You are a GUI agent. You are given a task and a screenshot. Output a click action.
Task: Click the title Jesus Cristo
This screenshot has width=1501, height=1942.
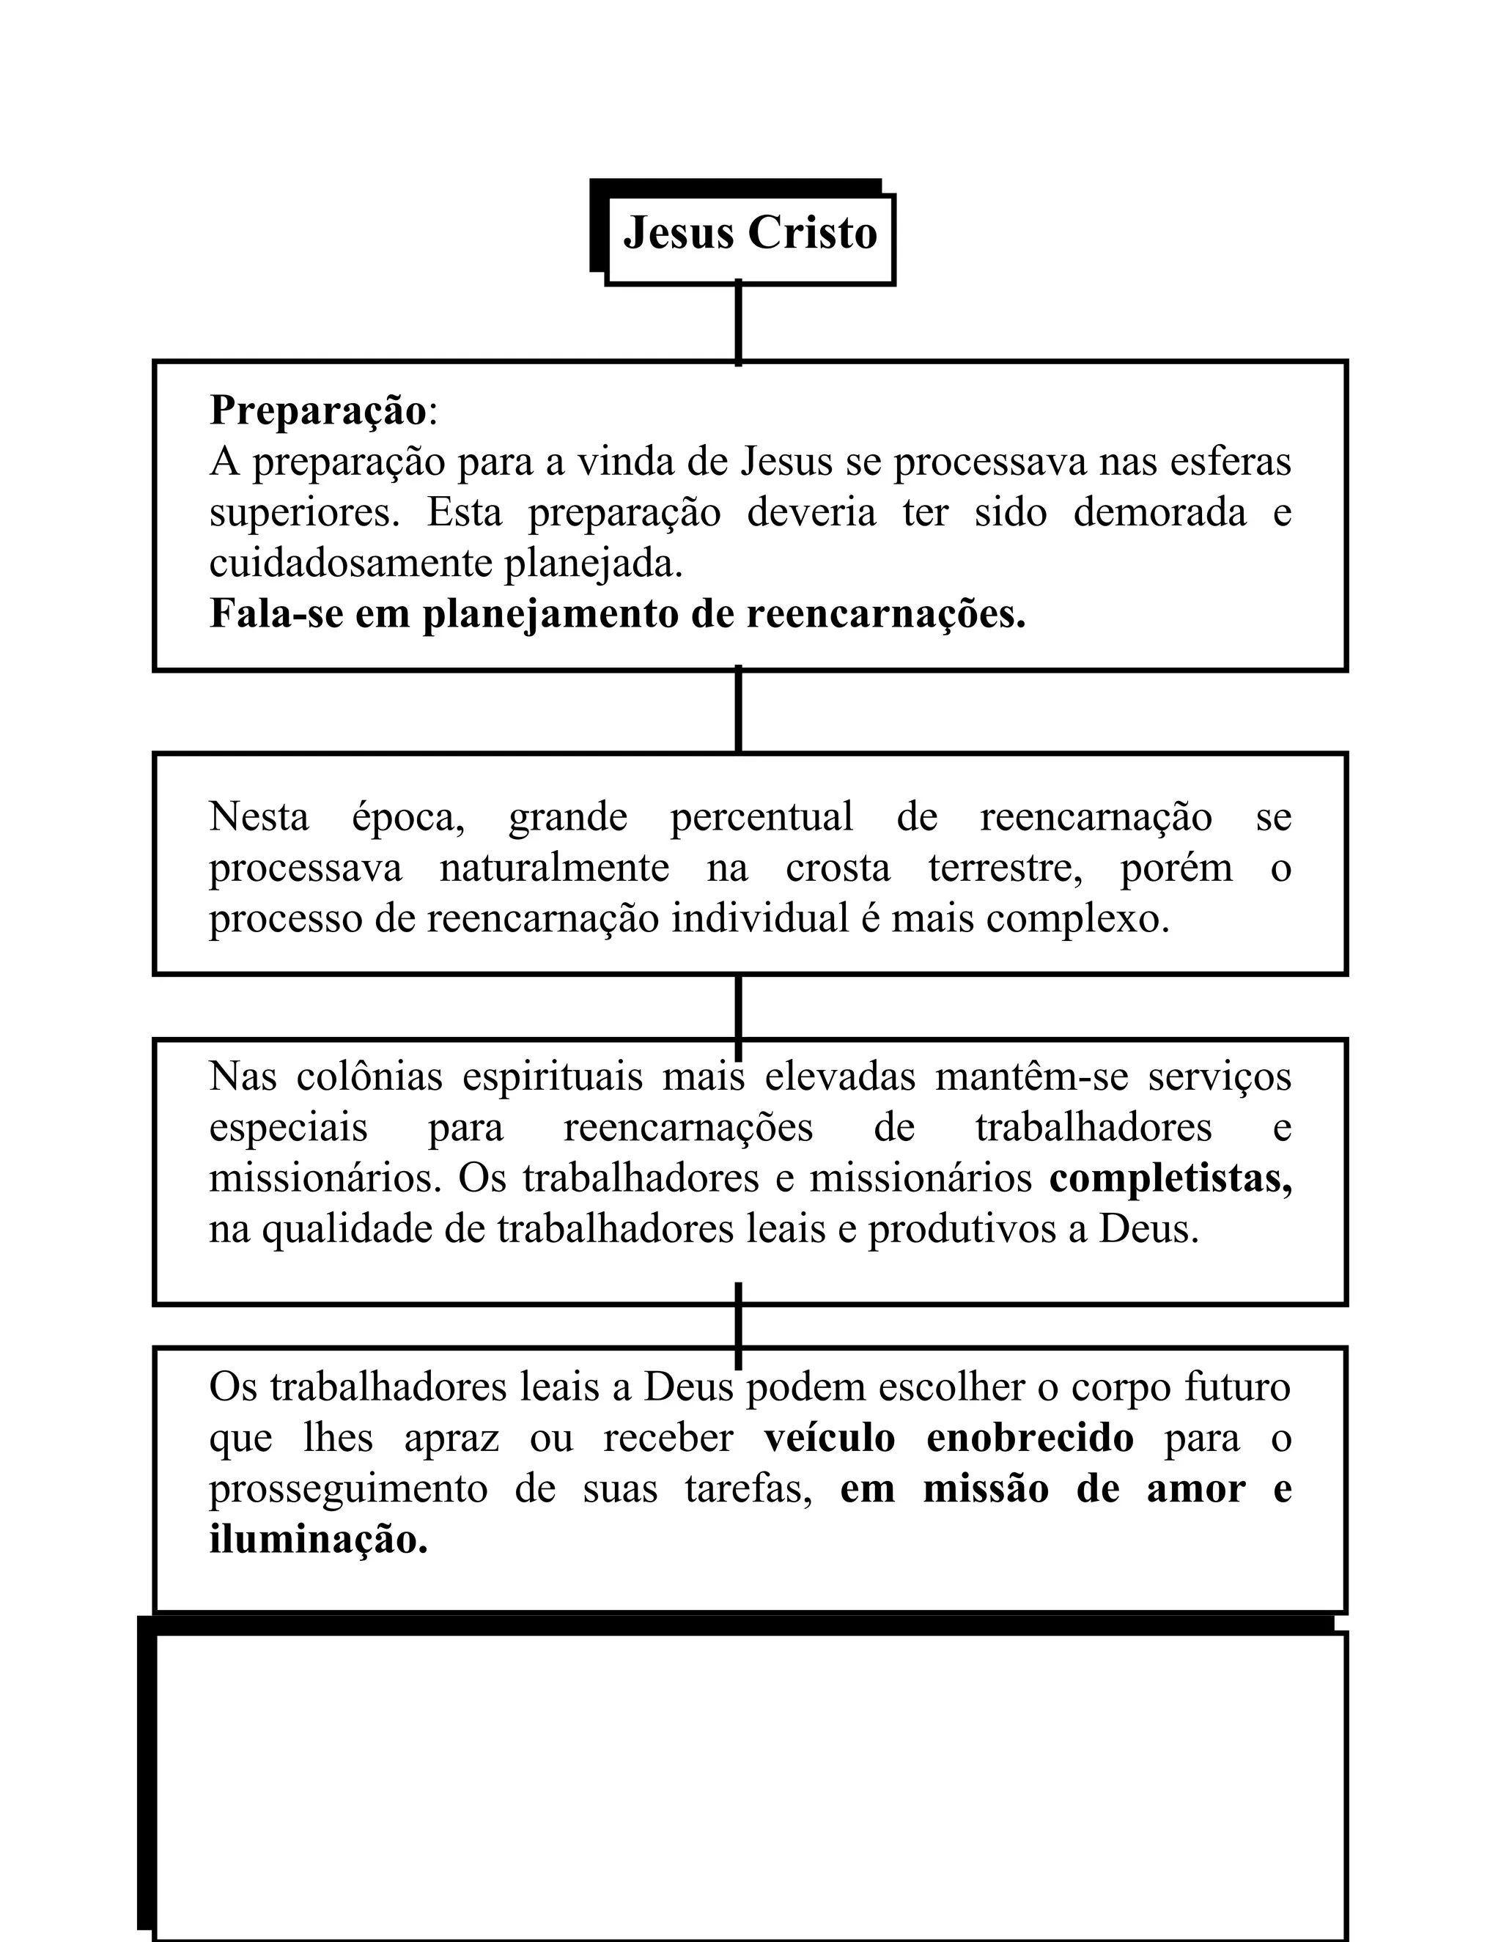(x=750, y=234)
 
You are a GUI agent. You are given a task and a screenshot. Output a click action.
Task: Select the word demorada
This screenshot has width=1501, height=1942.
(x=1159, y=512)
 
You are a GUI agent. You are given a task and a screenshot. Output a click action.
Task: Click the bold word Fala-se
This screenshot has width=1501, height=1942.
(x=276, y=614)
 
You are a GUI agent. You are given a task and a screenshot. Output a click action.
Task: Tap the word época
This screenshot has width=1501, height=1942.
(x=408, y=817)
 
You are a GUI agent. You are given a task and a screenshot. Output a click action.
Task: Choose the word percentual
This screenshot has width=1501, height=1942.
(x=761, y=817)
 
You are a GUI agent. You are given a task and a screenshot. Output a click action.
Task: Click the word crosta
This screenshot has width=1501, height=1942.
(x=838, y=868)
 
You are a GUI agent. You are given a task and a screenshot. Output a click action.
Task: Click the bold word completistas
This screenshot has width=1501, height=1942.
(x=1170, y=1179)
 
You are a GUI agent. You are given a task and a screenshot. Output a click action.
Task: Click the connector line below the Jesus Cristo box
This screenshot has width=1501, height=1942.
(x=738, y=322)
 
